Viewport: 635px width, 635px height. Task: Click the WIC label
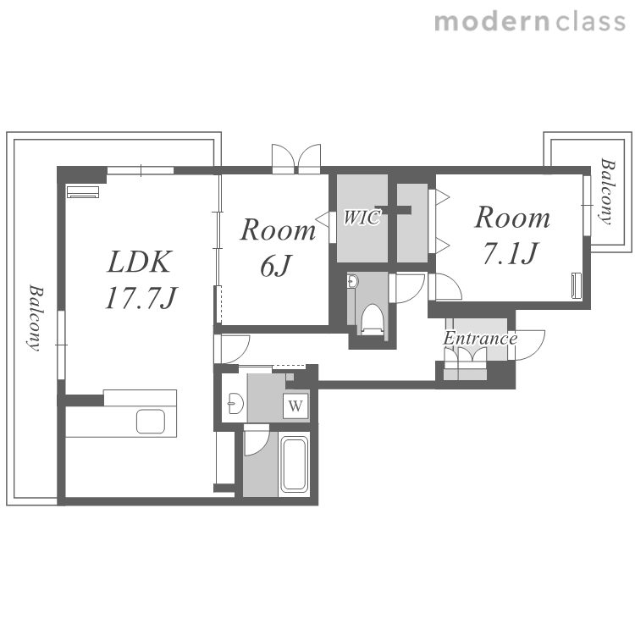click(362, 218)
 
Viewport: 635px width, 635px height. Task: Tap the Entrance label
click(480, 339)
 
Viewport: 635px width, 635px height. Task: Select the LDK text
click(140, 262)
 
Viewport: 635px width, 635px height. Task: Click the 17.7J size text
click(141, 298)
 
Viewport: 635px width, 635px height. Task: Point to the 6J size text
click(275, 266)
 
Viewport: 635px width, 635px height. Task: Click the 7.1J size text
click(511, 253)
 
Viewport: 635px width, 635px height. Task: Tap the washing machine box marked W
click(295, 406)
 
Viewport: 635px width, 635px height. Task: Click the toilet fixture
click(372, 319)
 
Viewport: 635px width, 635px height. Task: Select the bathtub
click(294, 465)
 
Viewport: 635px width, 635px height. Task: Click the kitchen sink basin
click(151, 422)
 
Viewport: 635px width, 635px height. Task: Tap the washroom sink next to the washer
click(235, 403)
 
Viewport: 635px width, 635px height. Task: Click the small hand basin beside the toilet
click(352, 280)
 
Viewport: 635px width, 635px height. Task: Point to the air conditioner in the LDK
click(83, 192)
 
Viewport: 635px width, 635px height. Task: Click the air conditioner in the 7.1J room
click(576, 286)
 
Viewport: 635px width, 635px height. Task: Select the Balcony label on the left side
click(36, 317)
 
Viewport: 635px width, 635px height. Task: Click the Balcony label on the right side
click(607, 191)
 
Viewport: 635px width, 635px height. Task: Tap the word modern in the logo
click(492, 22)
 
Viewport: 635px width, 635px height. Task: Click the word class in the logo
click(590, 22)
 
